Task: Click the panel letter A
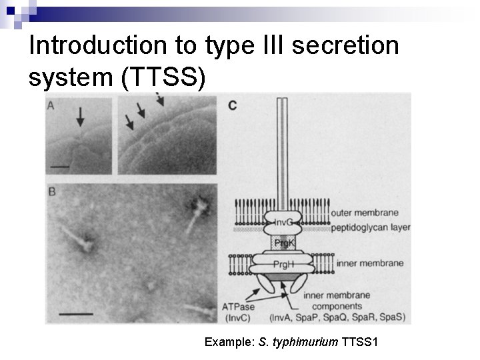coord(51,105)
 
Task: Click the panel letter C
coord(233,105)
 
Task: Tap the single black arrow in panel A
coord(80,117)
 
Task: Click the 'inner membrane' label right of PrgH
coord(371,263)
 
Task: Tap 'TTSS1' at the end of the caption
coord(359,343)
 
